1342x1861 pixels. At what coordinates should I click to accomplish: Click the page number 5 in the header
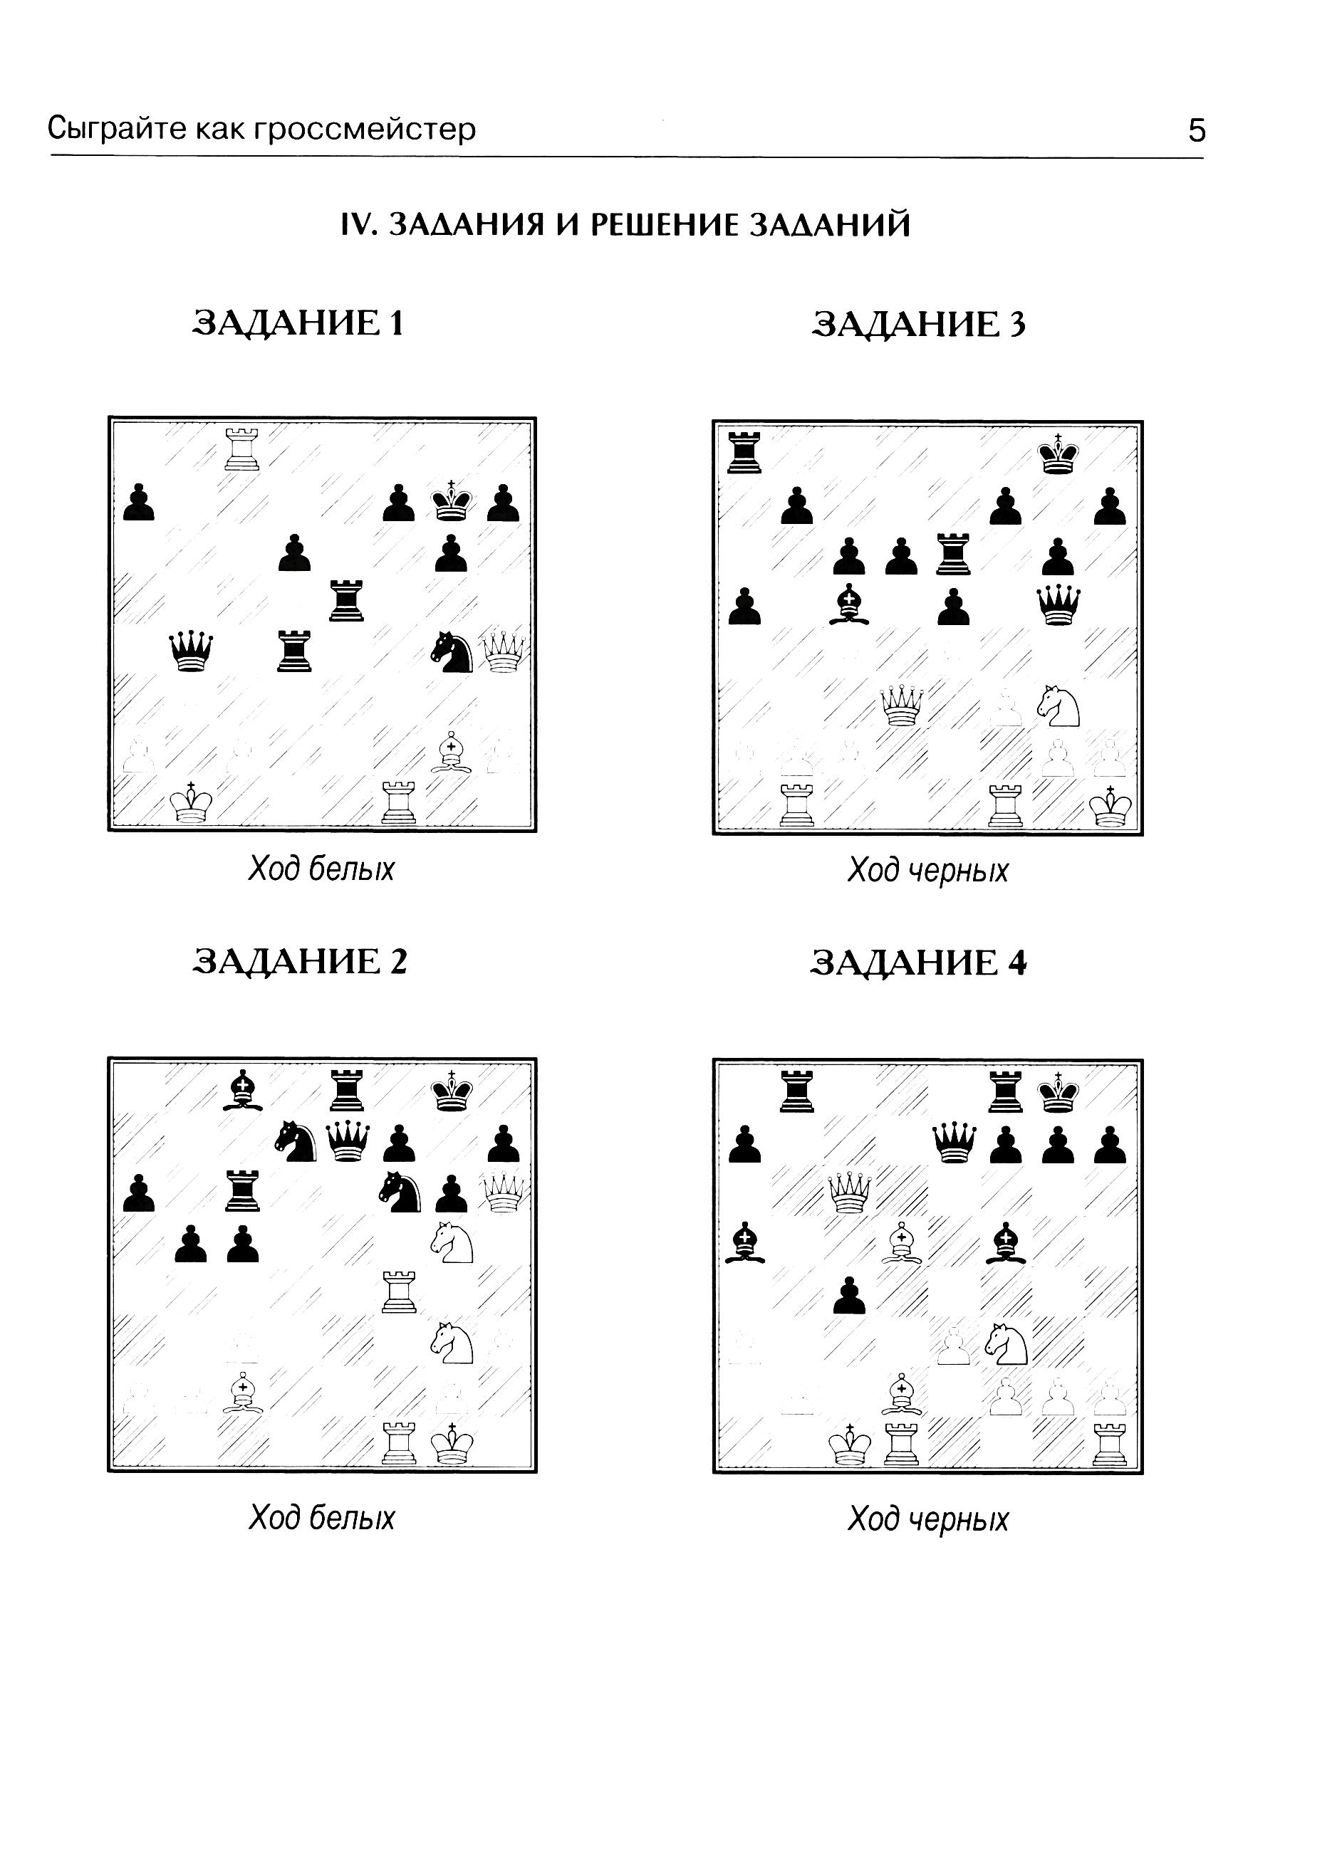tap(1197, 130)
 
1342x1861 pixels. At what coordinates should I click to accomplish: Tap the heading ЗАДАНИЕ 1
tap(298, 323)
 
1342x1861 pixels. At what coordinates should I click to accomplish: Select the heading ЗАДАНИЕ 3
tap(918, 325)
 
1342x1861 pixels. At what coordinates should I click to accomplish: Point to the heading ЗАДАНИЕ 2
tap(300, 961)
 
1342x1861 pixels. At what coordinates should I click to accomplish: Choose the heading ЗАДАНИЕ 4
tap(918, 963)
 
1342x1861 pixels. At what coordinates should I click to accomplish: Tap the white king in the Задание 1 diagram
tap(191, 802)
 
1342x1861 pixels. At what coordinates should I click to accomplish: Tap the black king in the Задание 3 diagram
tap(1057, 454)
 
